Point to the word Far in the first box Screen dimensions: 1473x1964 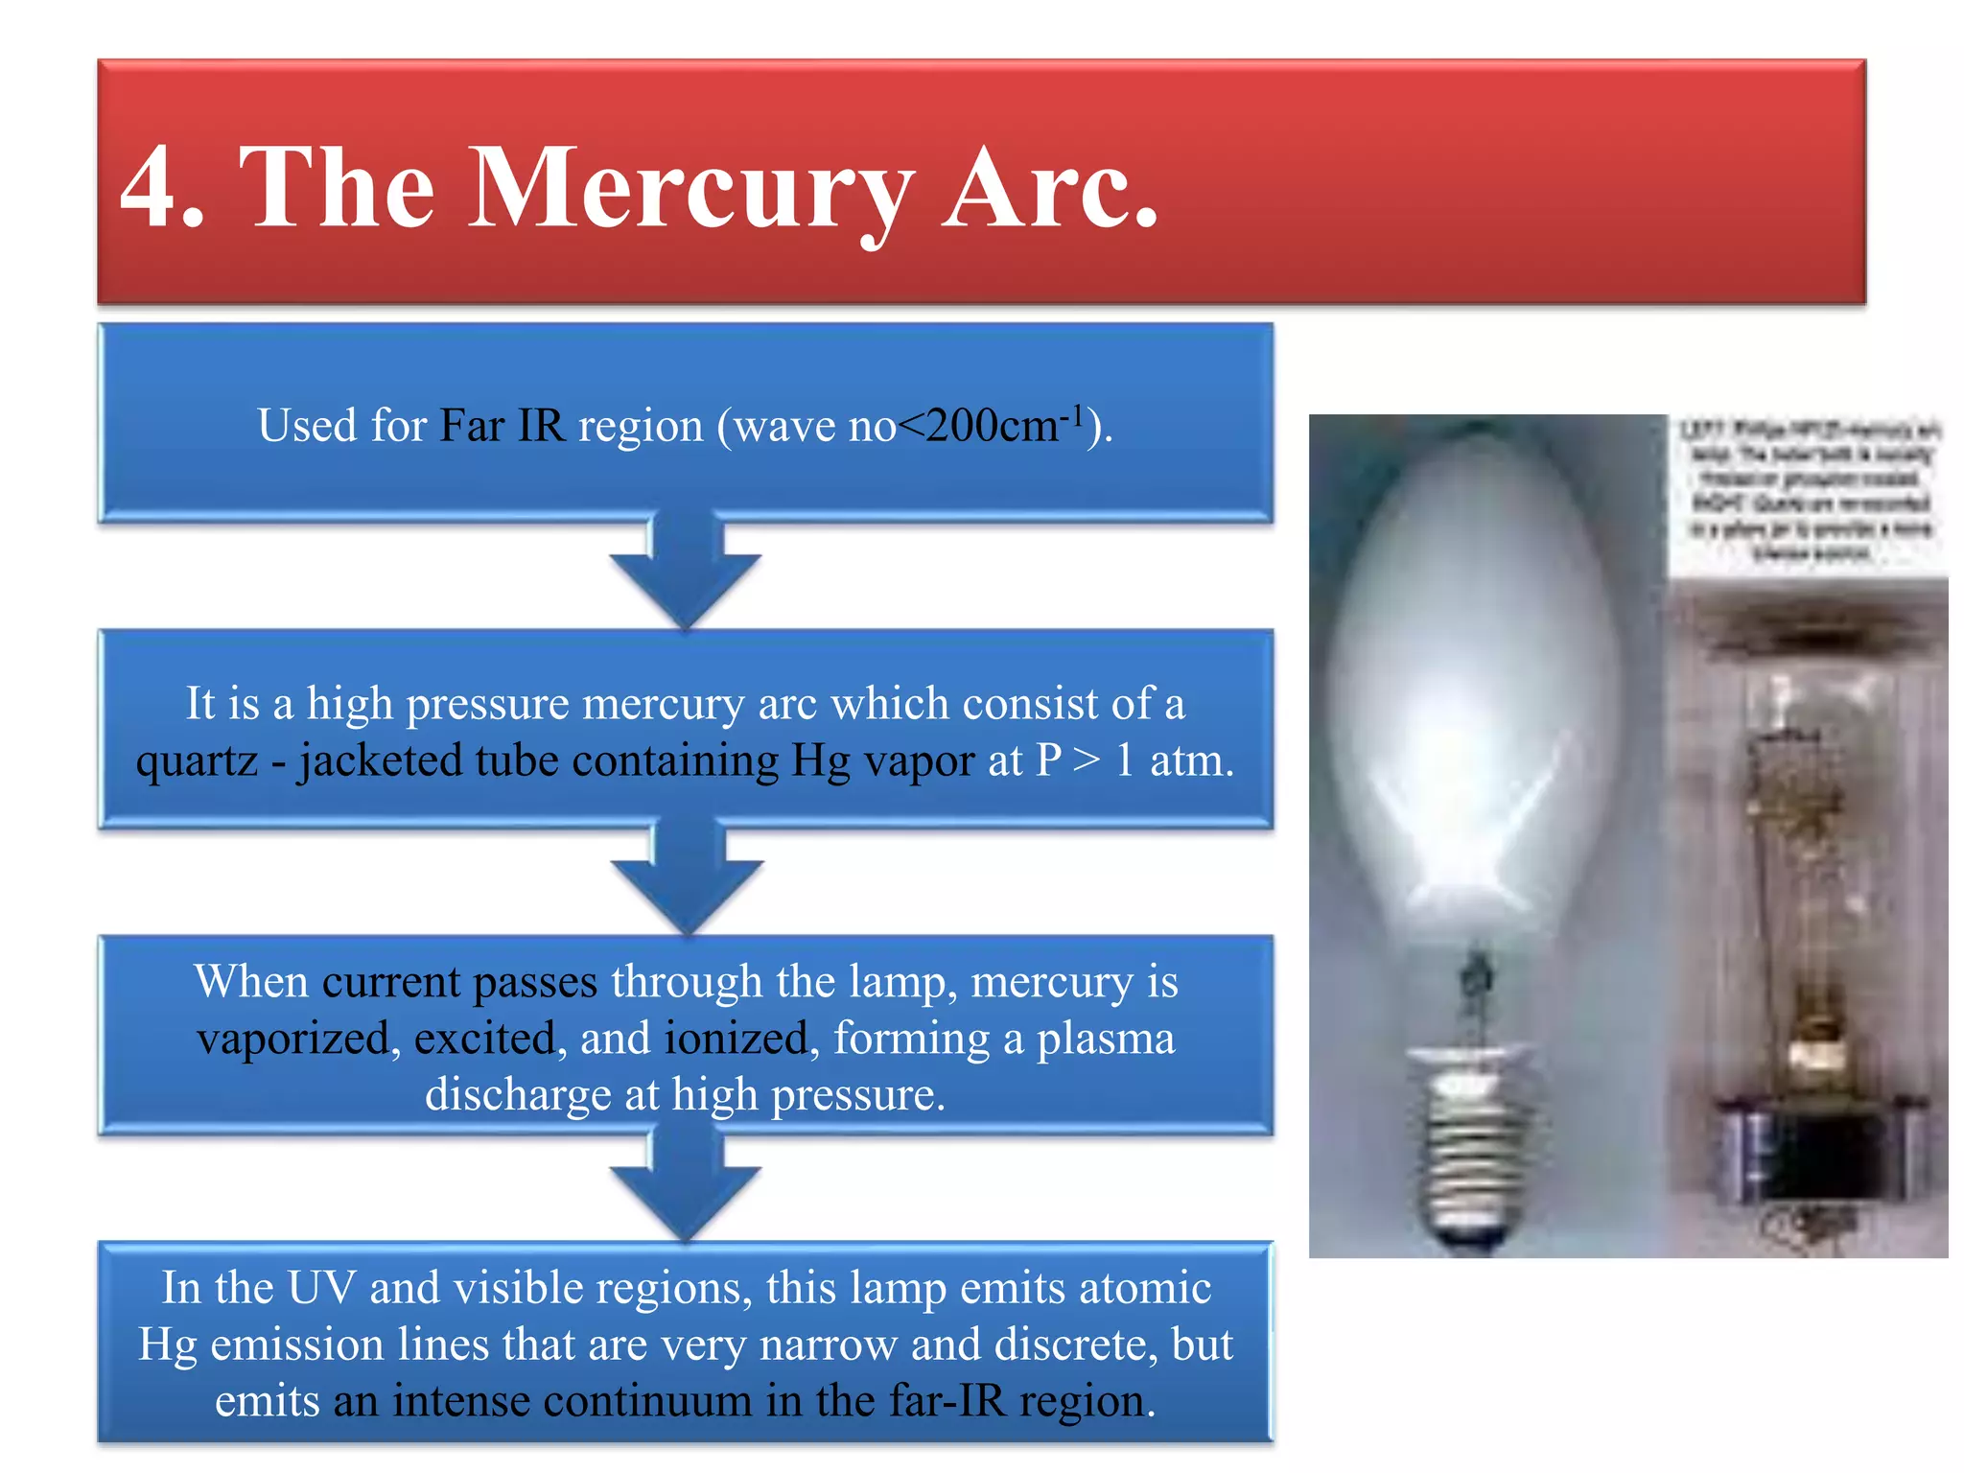coord(471,425)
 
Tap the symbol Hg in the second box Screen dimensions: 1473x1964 coord(820,761)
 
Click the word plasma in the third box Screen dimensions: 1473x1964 coord(1105,1039)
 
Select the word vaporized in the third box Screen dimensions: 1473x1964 coord(292,1039)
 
